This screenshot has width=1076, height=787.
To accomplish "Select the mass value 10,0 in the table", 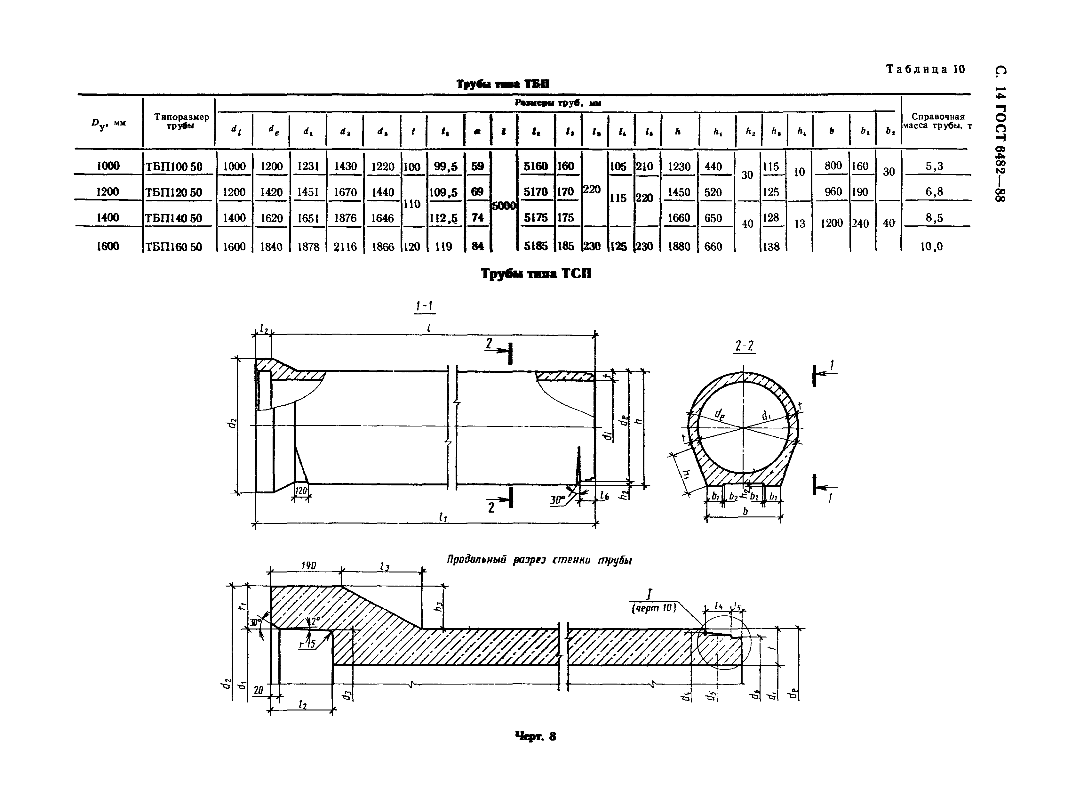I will (x=931, y=246).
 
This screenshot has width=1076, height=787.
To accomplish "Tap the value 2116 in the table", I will (x=345, y=246).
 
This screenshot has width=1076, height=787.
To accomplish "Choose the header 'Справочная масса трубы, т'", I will (x=937, y=121).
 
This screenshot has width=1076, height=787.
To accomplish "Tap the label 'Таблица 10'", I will (x=925, y=69).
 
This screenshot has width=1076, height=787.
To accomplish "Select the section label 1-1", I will (x=424, y=306).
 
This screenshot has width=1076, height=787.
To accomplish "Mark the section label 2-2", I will (x=744, y=346).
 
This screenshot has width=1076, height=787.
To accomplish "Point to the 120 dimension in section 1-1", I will (x=300, y=491).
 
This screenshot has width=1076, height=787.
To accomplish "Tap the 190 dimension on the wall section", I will (x=308, y=565).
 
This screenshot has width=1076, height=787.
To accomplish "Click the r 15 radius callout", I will (x=307, y=645).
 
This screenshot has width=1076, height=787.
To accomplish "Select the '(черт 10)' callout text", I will (x=653, y=608).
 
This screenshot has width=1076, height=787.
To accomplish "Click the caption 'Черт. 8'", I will (x=536, y=736).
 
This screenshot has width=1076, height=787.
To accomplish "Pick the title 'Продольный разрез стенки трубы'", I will (x=538, y=561).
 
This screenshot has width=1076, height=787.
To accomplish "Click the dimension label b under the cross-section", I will (x=745, y=511).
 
